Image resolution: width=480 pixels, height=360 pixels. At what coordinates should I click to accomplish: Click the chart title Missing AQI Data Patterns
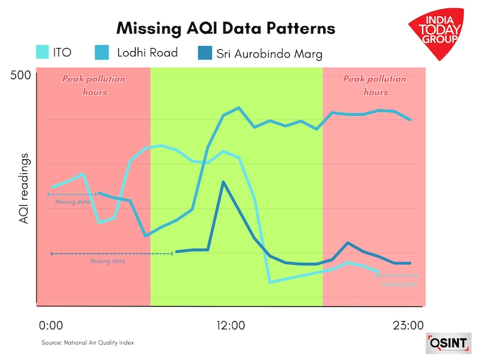(x=225, y=28)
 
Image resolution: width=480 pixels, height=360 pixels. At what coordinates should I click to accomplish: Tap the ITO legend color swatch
(x=43, y=52)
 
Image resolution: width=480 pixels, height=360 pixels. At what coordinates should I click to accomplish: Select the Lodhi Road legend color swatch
(x=102, y=52)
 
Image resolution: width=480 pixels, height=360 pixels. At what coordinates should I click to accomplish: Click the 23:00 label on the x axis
(x=407, y=325)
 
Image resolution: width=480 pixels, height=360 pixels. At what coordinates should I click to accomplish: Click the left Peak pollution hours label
(x=93, y=85)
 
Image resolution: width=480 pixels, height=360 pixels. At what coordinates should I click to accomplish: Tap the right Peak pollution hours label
(x=375, y=85)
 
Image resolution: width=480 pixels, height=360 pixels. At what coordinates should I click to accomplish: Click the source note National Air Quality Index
(x=88, y=343)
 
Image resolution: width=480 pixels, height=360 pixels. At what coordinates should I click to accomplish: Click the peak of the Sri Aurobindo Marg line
(x=223, y=182)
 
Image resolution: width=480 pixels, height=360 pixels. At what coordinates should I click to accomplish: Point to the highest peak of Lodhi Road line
(x=239, y=108)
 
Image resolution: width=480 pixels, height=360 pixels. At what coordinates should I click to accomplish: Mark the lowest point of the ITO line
(x=271, y=281)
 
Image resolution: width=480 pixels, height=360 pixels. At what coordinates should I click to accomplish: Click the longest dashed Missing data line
(x=112, y=254)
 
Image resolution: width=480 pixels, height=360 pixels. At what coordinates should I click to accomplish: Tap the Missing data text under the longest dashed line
(x=108, y=261)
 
